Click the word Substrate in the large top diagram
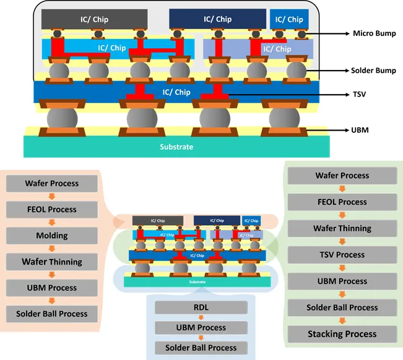tap(176, 147)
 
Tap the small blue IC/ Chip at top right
tap(290, 19)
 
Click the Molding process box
tap(51, 235)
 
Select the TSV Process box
tap(342, 255)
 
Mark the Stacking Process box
tap(342, 334)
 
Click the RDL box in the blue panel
tap(201, 307)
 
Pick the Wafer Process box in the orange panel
tap(51, 183)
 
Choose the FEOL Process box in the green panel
tap(342, 202)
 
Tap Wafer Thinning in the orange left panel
tap(51, 261)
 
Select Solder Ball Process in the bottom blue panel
tap(201, 348)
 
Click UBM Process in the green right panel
tap(342, 281)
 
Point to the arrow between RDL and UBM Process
tap(201, 317)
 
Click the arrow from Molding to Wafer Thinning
tap(51, 248)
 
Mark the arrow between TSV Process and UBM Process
tap(342, 268)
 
